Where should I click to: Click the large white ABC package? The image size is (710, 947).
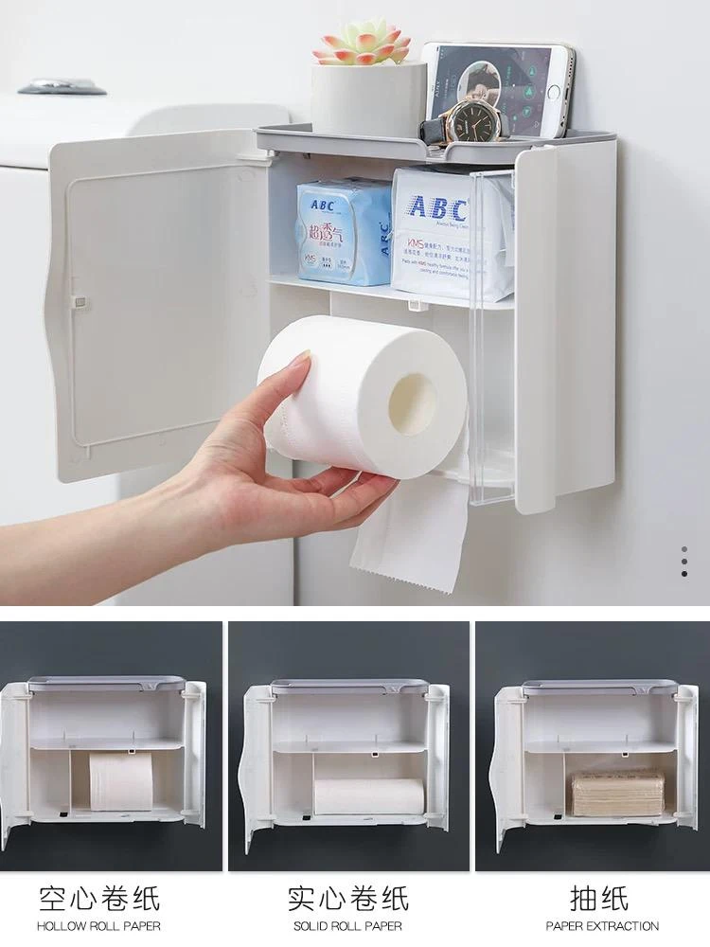tap(451, 233)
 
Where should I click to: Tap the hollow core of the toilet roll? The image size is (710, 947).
tap(414, 403)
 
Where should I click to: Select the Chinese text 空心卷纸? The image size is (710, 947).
tap(98, 897)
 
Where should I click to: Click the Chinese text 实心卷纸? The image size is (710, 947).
tap(347, 897)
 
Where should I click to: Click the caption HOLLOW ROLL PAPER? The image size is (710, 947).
tap(98, 926)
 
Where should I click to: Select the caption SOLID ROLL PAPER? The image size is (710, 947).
tap(347, 926)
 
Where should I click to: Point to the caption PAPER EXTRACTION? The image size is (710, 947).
tap(602, 926)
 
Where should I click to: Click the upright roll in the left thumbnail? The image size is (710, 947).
tap(121, 780)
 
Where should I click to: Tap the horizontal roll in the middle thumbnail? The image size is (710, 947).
tap(368, 795)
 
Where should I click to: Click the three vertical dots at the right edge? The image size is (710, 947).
tap(684, 561)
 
